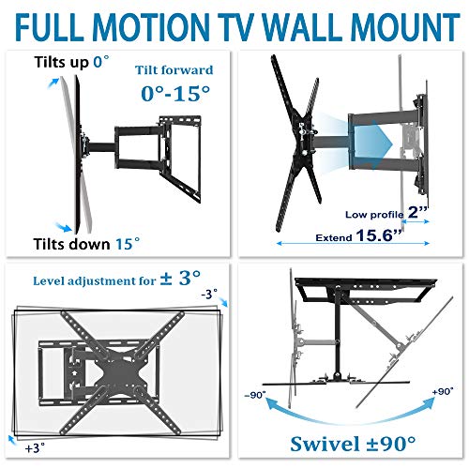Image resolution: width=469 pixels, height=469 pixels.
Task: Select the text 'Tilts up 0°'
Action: pos(71,62)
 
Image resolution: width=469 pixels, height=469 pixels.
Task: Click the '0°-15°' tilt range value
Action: pos(175,94)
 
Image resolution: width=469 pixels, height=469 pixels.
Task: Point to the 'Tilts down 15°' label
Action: pos(86,244)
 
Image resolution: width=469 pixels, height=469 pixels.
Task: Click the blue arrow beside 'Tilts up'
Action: pos(53,83)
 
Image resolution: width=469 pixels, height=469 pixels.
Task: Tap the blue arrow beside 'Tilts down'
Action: pos(63,227)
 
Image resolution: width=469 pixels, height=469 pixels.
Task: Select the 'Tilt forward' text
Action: pos(174,70)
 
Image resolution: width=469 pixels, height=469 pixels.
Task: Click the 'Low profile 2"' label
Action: pos(386,213)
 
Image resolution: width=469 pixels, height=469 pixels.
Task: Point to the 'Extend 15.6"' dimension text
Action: pos(358,235)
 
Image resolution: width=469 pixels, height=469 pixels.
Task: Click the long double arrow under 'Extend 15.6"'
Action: pos(353,243)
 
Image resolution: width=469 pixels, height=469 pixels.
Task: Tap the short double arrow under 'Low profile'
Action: pos(416,221)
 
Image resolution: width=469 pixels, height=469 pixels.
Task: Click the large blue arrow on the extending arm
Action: pos(373,144)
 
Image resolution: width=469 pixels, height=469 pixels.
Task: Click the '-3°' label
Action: pos(209,295)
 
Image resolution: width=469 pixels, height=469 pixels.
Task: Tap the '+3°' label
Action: pos(35,447)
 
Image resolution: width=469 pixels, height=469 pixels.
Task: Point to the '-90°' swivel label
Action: pos(255,395)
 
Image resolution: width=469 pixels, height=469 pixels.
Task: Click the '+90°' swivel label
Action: pos(443,391)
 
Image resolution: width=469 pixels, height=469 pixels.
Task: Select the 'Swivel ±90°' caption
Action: pos(353,444)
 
